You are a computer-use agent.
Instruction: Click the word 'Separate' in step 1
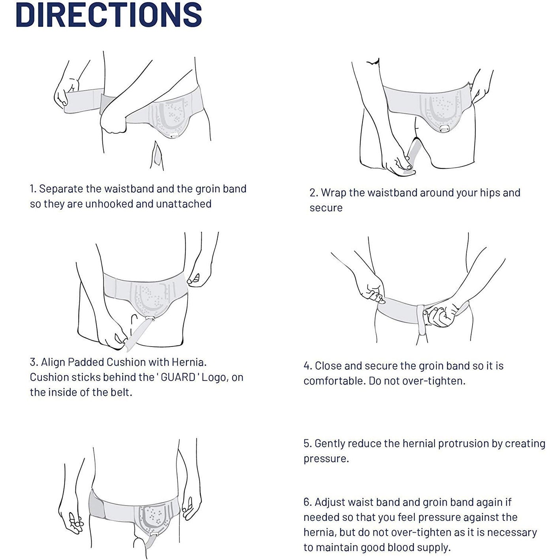61,189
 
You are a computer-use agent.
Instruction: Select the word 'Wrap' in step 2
333,193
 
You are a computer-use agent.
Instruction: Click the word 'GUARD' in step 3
178,377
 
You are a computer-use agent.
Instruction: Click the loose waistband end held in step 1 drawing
79,101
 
